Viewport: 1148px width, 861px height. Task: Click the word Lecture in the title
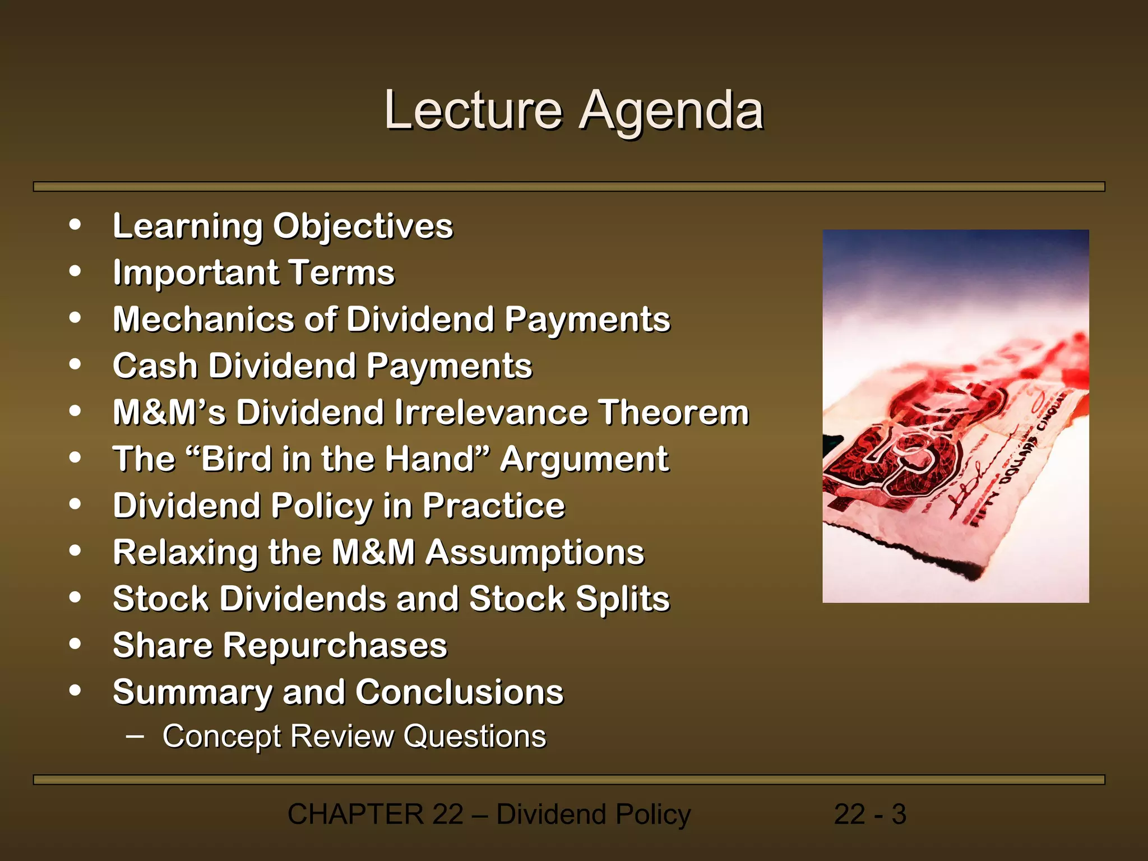coord(473,110)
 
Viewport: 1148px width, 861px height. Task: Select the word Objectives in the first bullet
coord(363,226)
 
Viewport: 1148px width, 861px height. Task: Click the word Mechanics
coord(203,320)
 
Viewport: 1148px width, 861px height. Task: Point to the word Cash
coord(155,366)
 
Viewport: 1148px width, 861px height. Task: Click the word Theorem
coord(673,413)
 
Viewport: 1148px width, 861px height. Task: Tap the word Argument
coord(584,459)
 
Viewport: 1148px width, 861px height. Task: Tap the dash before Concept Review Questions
coord(135,735)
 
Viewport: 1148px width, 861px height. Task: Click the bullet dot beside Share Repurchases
coord(75,644)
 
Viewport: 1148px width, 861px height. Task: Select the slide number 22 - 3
coord(869,814)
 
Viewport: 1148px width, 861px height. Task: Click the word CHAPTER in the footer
coord(355,814)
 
